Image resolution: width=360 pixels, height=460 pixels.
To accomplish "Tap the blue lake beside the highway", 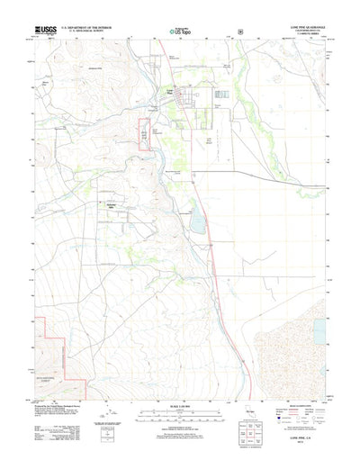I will (x=196, y=219).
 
